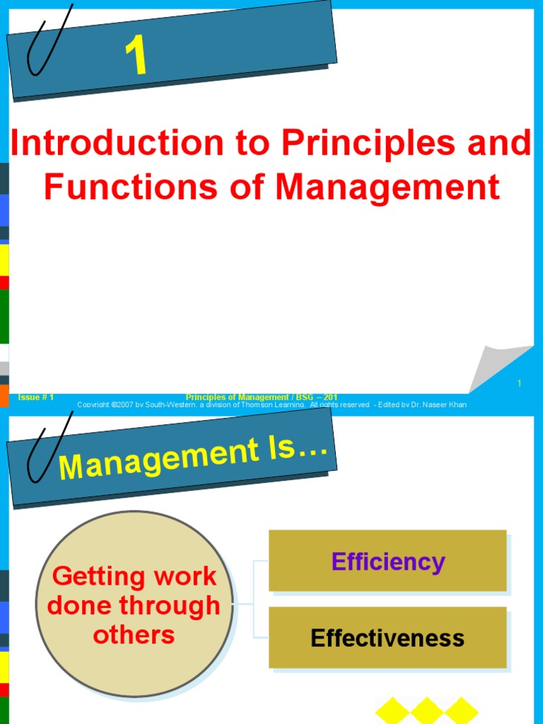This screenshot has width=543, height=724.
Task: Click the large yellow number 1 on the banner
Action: click(x=136, y=57)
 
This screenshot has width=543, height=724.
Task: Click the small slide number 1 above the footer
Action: click(x=519, y=383)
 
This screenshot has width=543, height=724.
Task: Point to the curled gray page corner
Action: click(x=498, y=368)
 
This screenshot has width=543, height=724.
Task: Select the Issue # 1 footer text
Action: click(x=36, y=397)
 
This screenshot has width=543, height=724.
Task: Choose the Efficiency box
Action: click(x=387, y=561)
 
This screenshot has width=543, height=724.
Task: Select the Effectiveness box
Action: click(x=387, y=638)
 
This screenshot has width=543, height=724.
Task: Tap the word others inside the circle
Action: click(x=134, y=634)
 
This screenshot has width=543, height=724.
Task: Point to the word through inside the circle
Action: click(x=181, y=605)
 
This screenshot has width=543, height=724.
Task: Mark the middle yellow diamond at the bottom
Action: click(x=427, y=711)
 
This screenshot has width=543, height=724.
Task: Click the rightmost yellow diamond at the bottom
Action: click(x=462, y=711)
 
